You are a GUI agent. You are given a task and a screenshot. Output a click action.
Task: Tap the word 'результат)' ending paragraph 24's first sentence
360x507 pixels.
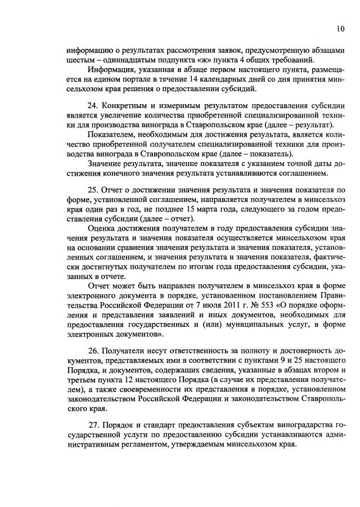pos(316,125)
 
